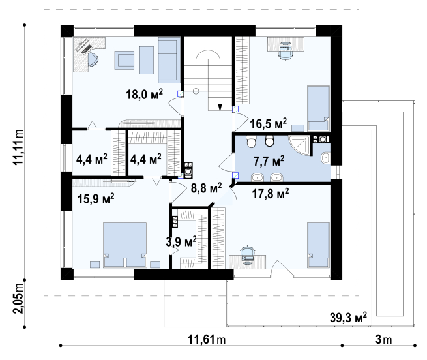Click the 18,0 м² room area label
point(144,95)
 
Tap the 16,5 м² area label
point(268,123)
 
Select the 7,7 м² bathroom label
point(269,161)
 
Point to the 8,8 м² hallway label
point(206,188)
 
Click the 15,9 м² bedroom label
point(96,199)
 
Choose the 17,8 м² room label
point(271,194)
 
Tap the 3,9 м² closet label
point(181,241)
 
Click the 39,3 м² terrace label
point(348,318)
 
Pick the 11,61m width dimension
point(207,340)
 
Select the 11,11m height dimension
point(18,147)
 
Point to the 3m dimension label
point(384,340)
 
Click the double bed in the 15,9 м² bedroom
point(125,245)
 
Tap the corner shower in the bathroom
point(299,145)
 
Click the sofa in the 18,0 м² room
point(169,60)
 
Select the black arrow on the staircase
point(220,107)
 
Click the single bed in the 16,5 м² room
point(318,108)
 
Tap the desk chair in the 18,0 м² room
point(93,59)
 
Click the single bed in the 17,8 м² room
point(318,245)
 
